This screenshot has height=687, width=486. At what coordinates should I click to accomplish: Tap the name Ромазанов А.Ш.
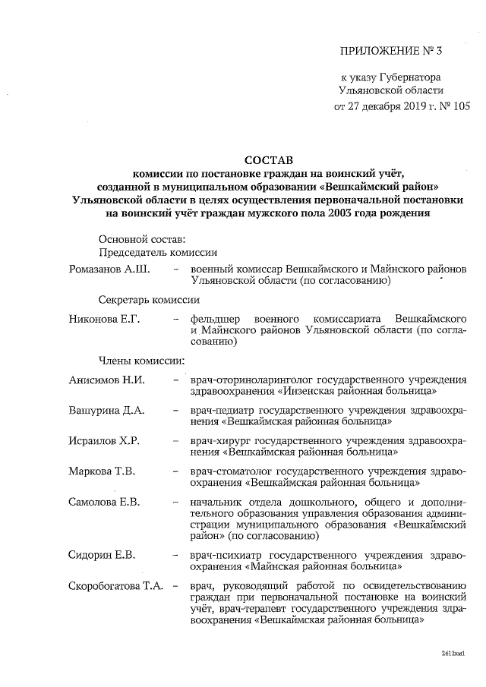pyautogui.click(x=109, y=269)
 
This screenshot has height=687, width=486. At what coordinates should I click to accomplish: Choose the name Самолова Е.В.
pyautogui.click(x=105, y=503)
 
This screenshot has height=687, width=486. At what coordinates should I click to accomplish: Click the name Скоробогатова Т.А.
pyautogui.click(x=118, y=586)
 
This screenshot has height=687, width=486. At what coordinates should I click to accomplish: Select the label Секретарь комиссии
pyautogui.click(x=151, y=301)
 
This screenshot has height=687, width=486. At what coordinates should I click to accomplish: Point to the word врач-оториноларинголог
pyautogui.click(x=251, y=380)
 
